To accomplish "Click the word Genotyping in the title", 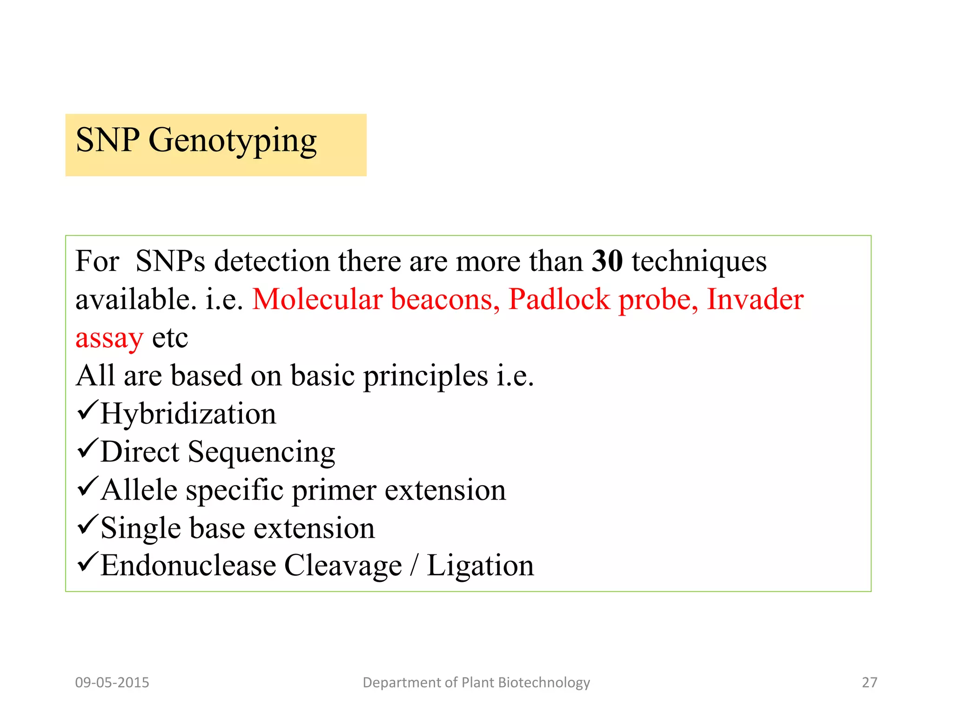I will (x=233, y=141).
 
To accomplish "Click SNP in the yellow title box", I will (x=107, y=140).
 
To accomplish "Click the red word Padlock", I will (x=558, y=299).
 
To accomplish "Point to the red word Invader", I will (x=755, y=299).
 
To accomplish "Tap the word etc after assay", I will (x=170, y=338).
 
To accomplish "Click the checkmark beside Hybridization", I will (x=87, y=410).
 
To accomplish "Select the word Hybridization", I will (x=188, y=413).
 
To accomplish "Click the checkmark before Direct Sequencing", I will (x=87, y=448).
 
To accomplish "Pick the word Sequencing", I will (x=261, y=452).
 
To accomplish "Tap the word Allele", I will (x=139, y=490).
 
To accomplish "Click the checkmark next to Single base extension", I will (x=87, y=525).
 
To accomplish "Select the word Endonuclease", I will (x=188, y=566).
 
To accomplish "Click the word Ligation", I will (x=480, y=566).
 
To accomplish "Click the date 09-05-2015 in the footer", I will (x=112, y=682).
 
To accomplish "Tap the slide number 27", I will (x=869, y=682).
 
